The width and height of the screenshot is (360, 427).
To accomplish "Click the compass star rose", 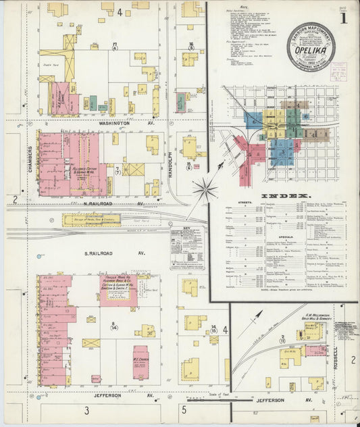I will point(204,189).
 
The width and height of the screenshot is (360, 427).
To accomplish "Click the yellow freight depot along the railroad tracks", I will point(92,220).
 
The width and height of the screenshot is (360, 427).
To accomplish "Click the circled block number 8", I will point(114,326).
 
